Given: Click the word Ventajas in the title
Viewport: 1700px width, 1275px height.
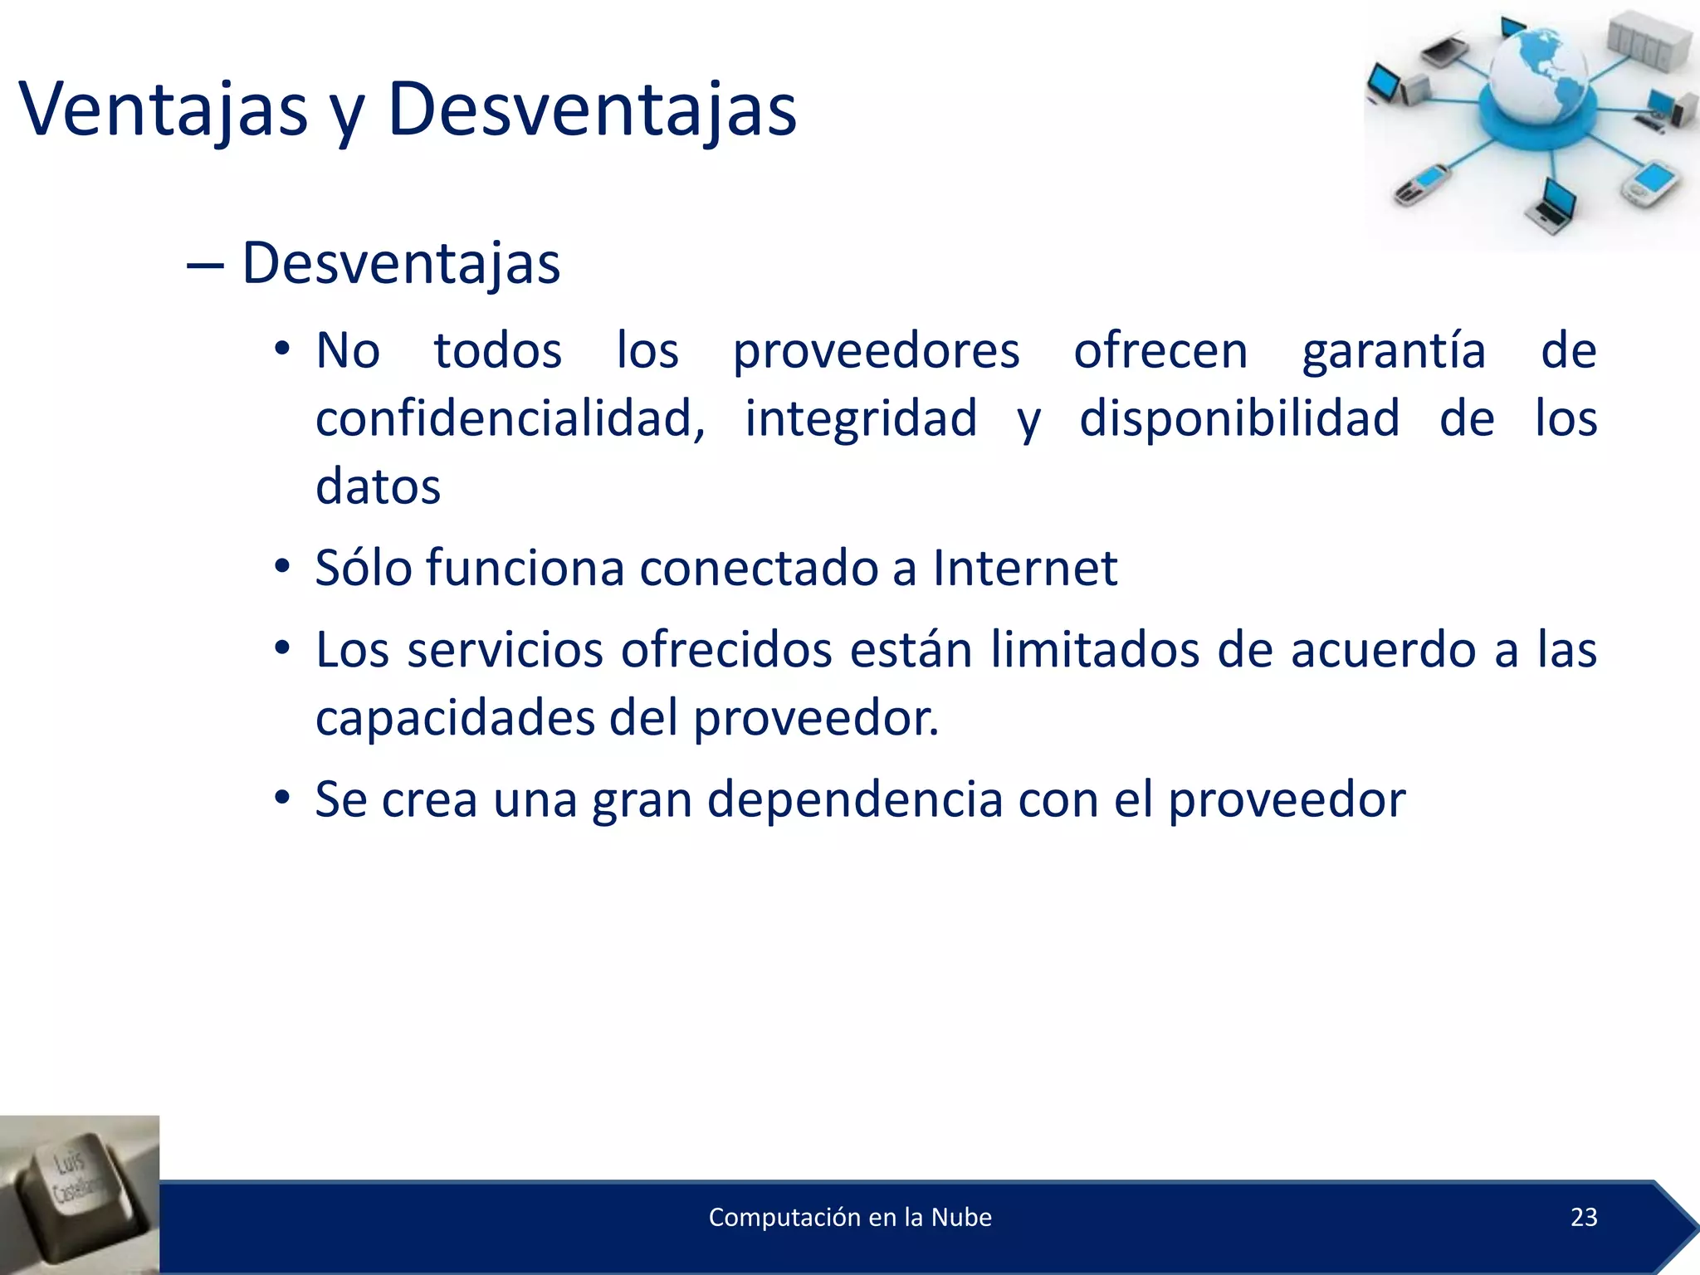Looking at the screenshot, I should (x=163, y=110).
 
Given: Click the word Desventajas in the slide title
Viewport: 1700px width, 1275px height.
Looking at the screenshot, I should (x=592, y=110).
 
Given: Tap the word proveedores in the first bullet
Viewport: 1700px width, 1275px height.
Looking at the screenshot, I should (x=876, y=351).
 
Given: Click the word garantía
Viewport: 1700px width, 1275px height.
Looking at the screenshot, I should (x=1394, y=351).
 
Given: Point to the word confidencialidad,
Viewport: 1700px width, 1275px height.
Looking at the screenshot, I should (x=510, y=418).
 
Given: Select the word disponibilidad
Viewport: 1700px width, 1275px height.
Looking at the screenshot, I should (x=1238, y=418).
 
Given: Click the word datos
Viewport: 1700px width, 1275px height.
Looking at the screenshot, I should (x=378, y=486).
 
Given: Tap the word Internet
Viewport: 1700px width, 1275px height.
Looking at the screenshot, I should (x=1024, y=569).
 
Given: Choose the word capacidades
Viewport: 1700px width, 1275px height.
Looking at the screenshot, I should (x=455, y=718).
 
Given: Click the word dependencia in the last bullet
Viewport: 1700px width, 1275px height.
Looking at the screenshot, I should (x=855, y=800).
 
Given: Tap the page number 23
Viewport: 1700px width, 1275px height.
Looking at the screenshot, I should (x=1584, y=1217).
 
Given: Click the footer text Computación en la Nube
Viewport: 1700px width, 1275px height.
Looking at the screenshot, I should (x=850, y=1217).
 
